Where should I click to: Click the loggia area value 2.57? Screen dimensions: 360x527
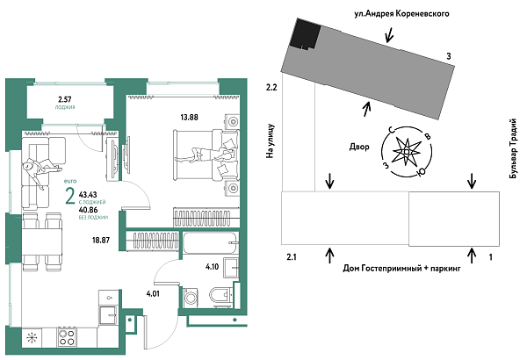click(x=65, y=99)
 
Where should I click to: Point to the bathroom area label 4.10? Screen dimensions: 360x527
click(x=212, y=265)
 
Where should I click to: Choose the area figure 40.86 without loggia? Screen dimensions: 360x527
click(x=88, y=210)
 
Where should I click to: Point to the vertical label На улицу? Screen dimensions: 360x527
click(x=271, y=140)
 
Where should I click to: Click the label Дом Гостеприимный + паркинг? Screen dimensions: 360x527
click(x=401, y=268)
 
